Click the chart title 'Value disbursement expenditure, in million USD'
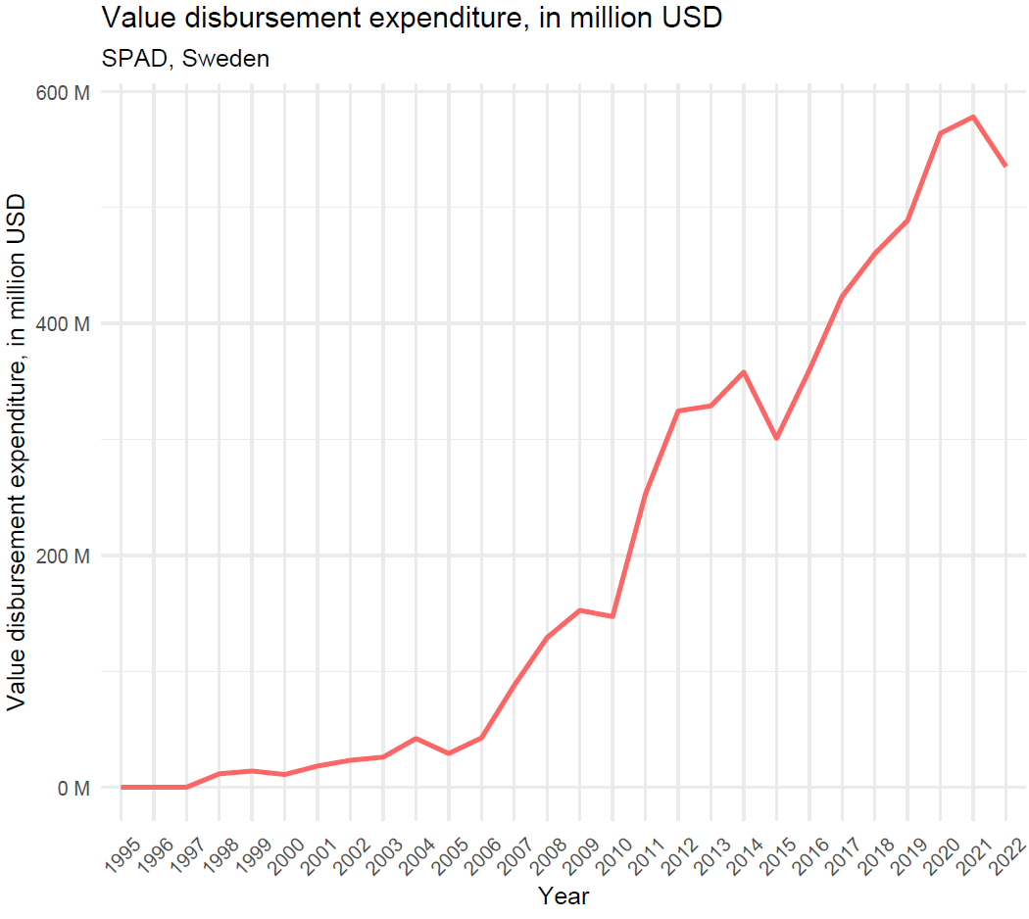[412, 18]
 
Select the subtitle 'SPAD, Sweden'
[185, 59]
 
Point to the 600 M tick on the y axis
[63, 92]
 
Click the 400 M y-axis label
[63, 323]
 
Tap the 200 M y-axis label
[63, 556]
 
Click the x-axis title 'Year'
[563, 895]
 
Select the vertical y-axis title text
[17, 451]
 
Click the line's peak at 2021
[972, 117]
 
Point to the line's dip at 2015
[776, 438]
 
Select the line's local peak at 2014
[743, 372]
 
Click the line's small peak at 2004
[416, 738]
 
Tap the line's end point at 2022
[1005, 167]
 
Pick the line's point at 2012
[678, 411]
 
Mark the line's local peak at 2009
[579, 610]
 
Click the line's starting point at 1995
[121, 787]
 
